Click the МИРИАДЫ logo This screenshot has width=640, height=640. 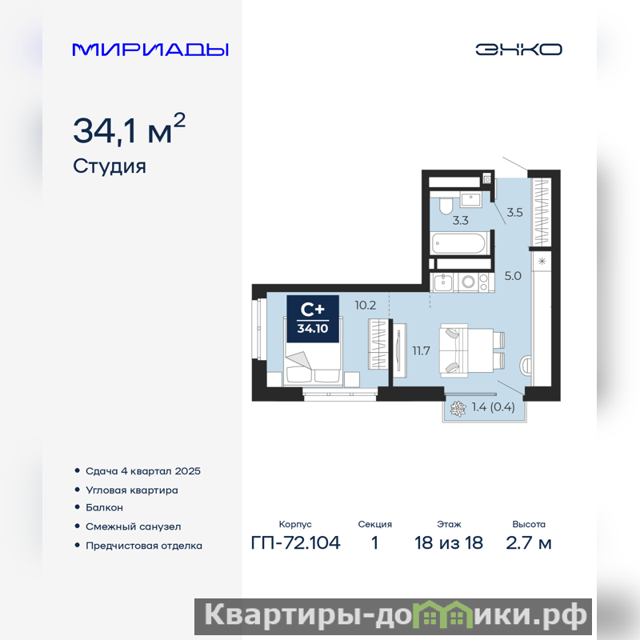pos(150,50)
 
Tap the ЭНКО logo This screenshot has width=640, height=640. pos(518,50)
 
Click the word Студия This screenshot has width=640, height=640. pos(110,166)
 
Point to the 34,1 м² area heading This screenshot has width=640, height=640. pos(129,129)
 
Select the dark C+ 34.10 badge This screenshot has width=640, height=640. pos(313,318)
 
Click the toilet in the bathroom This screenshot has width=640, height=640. pos(446,206)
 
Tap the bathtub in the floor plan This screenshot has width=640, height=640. pos(459,244)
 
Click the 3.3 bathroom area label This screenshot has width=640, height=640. pos(461,221)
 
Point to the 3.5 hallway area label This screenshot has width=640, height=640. pos(514,212)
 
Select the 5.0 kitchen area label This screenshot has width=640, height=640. pos(513,276)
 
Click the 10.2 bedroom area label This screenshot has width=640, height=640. pos(366,306)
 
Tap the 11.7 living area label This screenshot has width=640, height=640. pos(421,350)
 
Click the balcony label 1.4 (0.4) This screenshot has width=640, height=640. pos(493,407)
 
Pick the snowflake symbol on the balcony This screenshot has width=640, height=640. pos(458,409)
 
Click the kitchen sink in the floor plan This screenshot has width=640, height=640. pos(442,282)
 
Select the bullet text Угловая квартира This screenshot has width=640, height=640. pos(132,490)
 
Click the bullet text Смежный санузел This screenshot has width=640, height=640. pos(133,526)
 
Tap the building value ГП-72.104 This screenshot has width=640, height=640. pos(295,543)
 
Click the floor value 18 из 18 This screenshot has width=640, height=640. pos(449,543)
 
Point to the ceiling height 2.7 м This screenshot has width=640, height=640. pos(529,543)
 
